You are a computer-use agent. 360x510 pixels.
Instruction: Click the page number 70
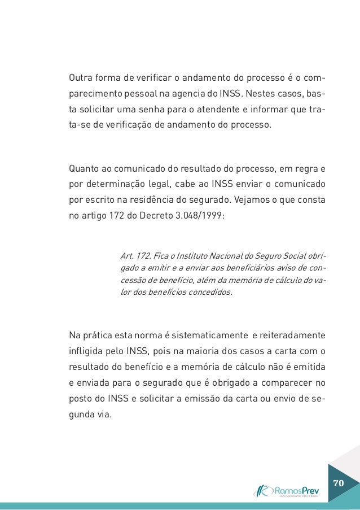coord(339,484)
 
